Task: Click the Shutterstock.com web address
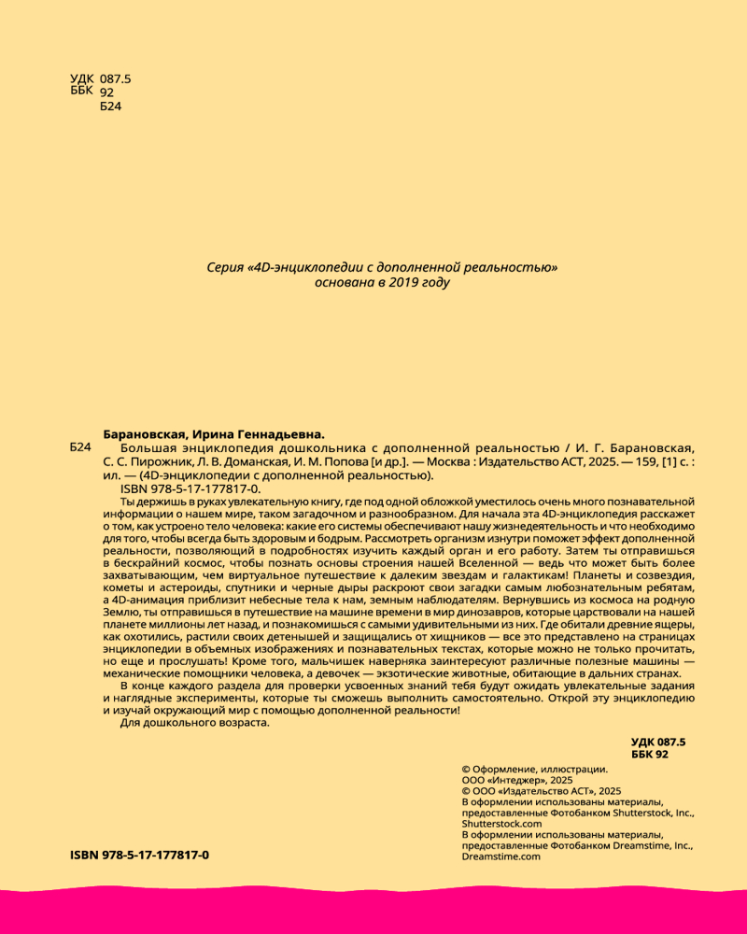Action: tap(501, 824)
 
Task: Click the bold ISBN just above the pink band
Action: tap(140, 856)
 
